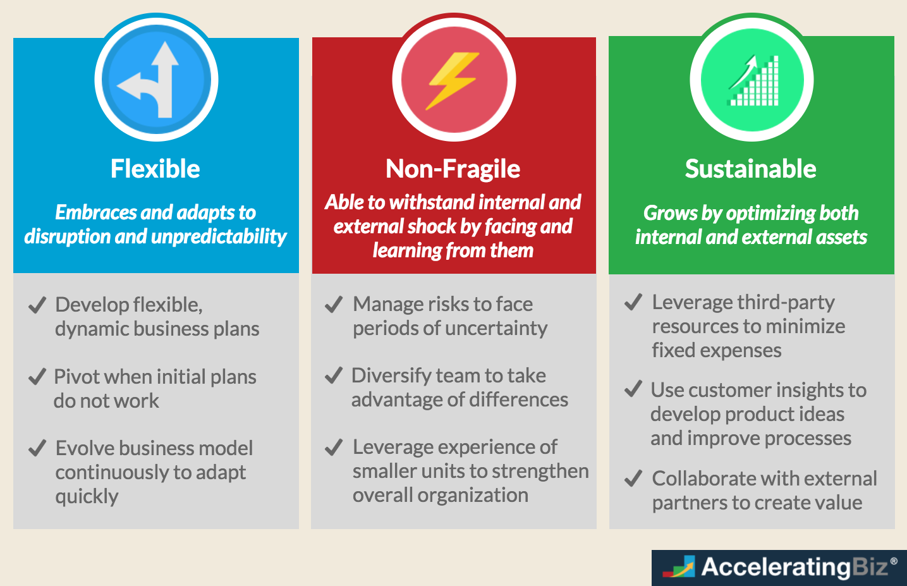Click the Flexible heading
tap(155, 169)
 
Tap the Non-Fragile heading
tap(453, 169)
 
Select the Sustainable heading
tap(751, 169)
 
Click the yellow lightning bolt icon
tap(453, 80)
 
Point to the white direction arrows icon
tap(154, 81)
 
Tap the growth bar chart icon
tap(753, 81)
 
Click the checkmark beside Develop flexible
tap(37, 305)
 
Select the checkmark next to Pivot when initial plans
tap(37, 377)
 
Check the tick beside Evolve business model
tap(37, 448)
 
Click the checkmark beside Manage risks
tap(334, 305)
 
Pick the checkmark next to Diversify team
tap(334, 375)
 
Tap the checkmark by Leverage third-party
tap(633, 302)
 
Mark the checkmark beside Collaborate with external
tap(633, 479)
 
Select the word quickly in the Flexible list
tap(87, 497)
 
